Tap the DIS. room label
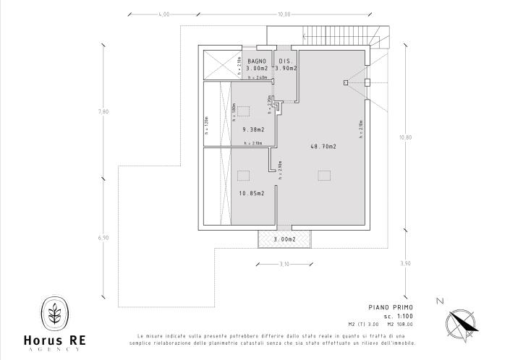pos(285,61)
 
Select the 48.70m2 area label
pos(324,146)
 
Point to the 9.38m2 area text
pos(253,129)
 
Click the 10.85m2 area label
pos(252,193)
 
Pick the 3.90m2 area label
pos(286,68)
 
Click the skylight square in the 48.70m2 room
pos(323,174)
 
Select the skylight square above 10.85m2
pos(244,174)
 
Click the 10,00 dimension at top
pos(284,14)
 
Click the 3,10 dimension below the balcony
pos(284,265)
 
